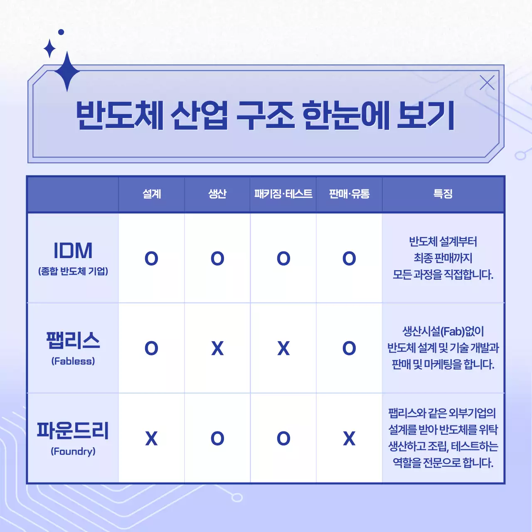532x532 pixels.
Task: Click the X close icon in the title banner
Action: coord(487,83)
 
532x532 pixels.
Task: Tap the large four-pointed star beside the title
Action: coord(67,71)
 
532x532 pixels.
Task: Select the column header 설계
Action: coord(151,194)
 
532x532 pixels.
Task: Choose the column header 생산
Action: coord(217,194)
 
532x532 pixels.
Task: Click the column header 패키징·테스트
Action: coord(283,194)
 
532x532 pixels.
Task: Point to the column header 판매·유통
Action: coord(349,194)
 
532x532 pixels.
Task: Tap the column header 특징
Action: coord(443,194)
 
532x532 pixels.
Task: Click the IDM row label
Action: coord(73,251)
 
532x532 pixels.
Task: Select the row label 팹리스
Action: coord(73,341)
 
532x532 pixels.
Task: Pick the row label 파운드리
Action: coord(73,431)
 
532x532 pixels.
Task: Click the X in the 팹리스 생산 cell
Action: coord(217,348)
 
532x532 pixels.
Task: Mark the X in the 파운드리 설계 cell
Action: coord(151,438)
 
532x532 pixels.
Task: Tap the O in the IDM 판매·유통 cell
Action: coord(349,259)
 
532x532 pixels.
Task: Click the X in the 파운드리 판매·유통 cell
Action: coord(349,438)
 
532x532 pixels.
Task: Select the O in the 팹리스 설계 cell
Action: coord(151,348)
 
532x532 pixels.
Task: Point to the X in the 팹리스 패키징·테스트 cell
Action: coord(283,348)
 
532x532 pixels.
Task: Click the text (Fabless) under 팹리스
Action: coord(73,361)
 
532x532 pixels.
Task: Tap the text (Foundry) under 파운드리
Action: coord(73,451)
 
